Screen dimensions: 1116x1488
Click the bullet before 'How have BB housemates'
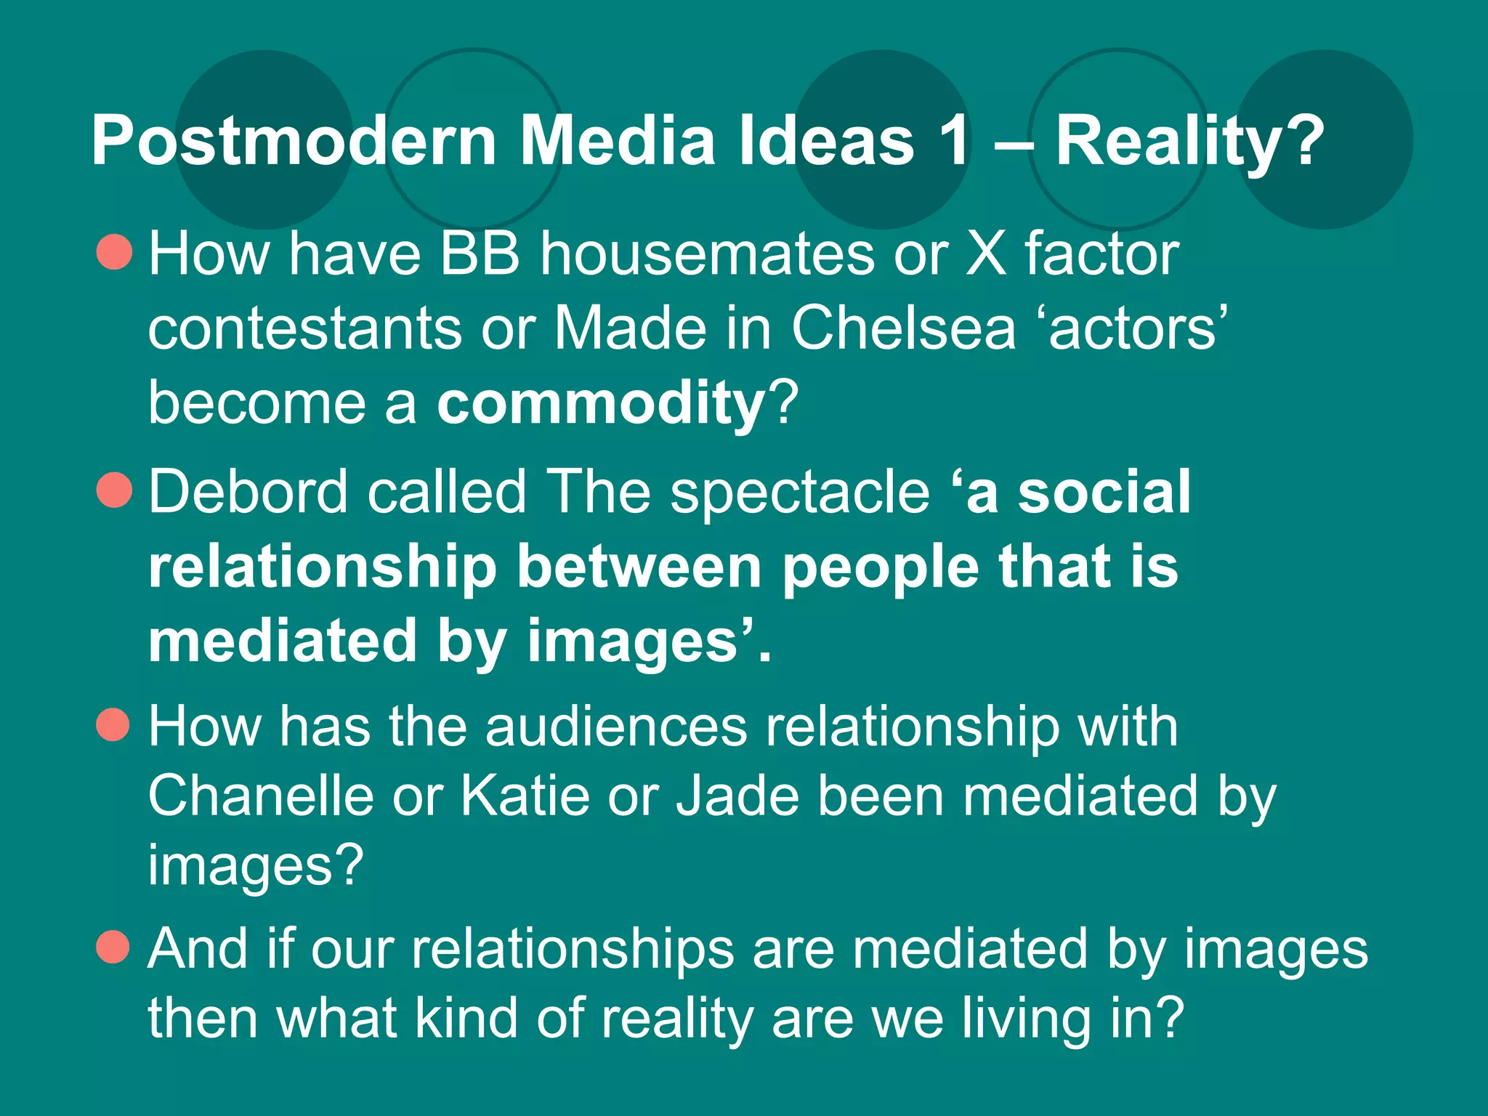114,252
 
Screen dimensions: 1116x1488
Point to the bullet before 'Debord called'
114,490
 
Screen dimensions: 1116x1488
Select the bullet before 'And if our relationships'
113,946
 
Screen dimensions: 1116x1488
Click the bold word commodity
601,403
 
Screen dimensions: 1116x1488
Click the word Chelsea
903,328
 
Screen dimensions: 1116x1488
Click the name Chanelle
261,796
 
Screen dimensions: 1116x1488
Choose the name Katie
525,796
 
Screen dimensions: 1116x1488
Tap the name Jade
737,796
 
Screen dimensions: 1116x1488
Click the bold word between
639,567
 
